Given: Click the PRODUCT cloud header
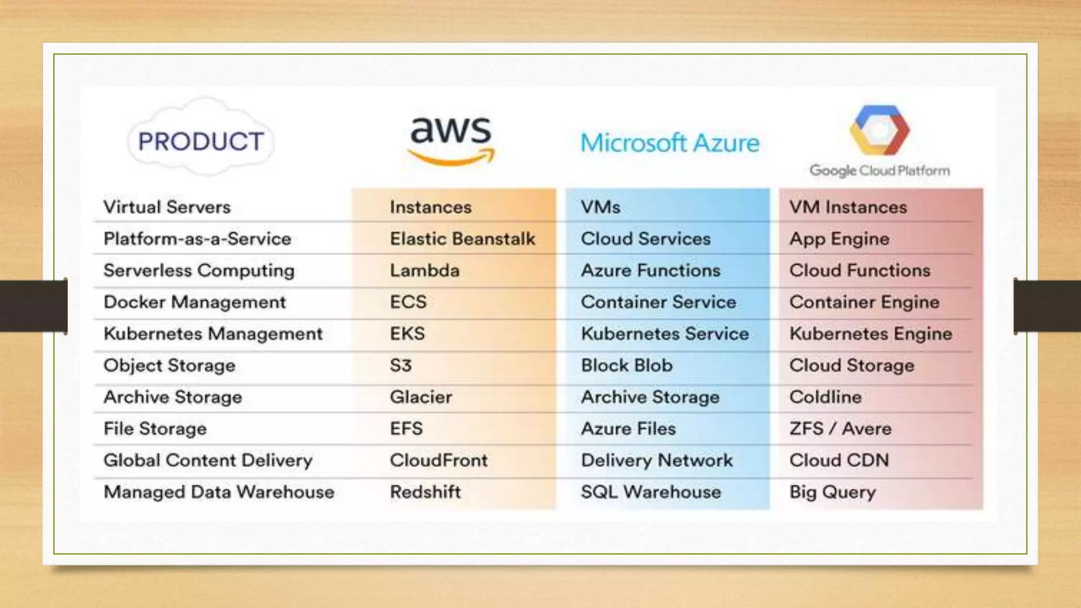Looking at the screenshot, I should coord(201,141).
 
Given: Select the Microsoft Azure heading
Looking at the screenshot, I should coord(670,143).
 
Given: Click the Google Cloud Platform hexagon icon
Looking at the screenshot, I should coord(879,130).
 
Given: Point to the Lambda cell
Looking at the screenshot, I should coord(424,271).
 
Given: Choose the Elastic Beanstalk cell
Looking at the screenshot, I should coord(462,239).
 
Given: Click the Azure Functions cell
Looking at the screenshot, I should coord(650,271).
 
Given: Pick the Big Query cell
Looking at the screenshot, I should coord(832,492).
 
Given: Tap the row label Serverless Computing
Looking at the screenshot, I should coord(199,271).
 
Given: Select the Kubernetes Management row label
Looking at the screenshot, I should coord(213,334).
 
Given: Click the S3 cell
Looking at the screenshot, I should coord(401,366).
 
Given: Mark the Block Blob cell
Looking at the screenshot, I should coord(627,366).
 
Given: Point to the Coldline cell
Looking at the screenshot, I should coord(826,397).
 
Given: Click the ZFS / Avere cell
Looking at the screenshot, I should coord(840,429).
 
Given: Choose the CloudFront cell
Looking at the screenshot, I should coord(439,461).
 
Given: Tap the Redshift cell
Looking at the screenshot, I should coord(425,492).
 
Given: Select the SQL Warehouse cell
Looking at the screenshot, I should coord(651,492).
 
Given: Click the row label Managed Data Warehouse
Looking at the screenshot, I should coord(219,492).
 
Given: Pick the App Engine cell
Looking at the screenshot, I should coord(839,239).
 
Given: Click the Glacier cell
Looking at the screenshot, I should coord(421,397).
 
